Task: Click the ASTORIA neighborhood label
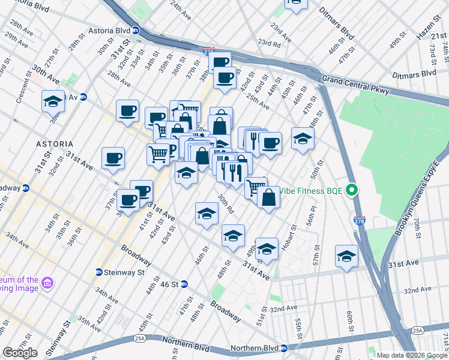click(55, 144)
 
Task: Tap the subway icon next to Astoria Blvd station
click(136, 30)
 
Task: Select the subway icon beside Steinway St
click(99, 272)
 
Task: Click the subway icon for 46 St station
click(185, 284)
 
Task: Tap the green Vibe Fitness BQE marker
click(353, 191)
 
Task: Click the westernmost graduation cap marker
click(53, 100)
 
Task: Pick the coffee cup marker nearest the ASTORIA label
click(113, 158)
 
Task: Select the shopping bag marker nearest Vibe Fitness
click(268, 197)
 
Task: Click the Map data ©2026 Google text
click(411, 355)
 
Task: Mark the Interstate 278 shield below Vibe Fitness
click(360, 221)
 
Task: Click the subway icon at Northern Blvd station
click(285, 348)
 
